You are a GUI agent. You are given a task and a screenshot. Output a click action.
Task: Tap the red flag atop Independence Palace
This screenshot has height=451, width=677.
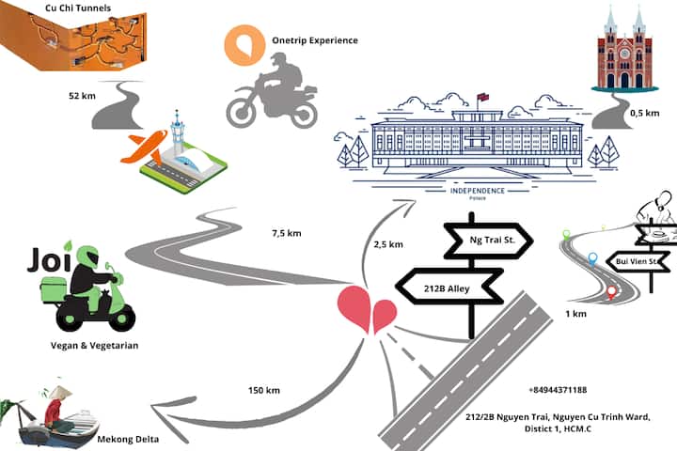[484, 97]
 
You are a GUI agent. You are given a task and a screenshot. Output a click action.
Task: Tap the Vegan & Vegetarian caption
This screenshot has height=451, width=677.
[94, 346]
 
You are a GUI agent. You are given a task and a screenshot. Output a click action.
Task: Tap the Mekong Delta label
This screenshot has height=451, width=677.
[129, 439]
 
